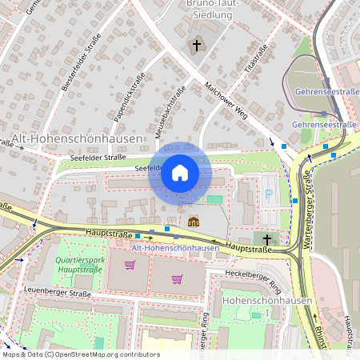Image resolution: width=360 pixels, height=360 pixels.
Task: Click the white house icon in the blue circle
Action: point(180,173)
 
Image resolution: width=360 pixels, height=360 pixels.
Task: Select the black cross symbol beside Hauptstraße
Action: point(267,239)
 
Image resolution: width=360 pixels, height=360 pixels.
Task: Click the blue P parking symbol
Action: point(269,194)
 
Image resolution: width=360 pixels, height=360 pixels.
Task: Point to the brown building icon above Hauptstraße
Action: point(194,222)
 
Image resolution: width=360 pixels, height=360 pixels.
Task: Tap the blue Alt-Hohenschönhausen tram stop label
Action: point(175,248)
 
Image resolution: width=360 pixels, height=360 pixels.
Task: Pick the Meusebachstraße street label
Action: point(174,105)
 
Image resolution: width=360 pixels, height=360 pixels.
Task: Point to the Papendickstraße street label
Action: point(127,90)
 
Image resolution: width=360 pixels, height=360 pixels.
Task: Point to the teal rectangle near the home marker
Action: point(214,199)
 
